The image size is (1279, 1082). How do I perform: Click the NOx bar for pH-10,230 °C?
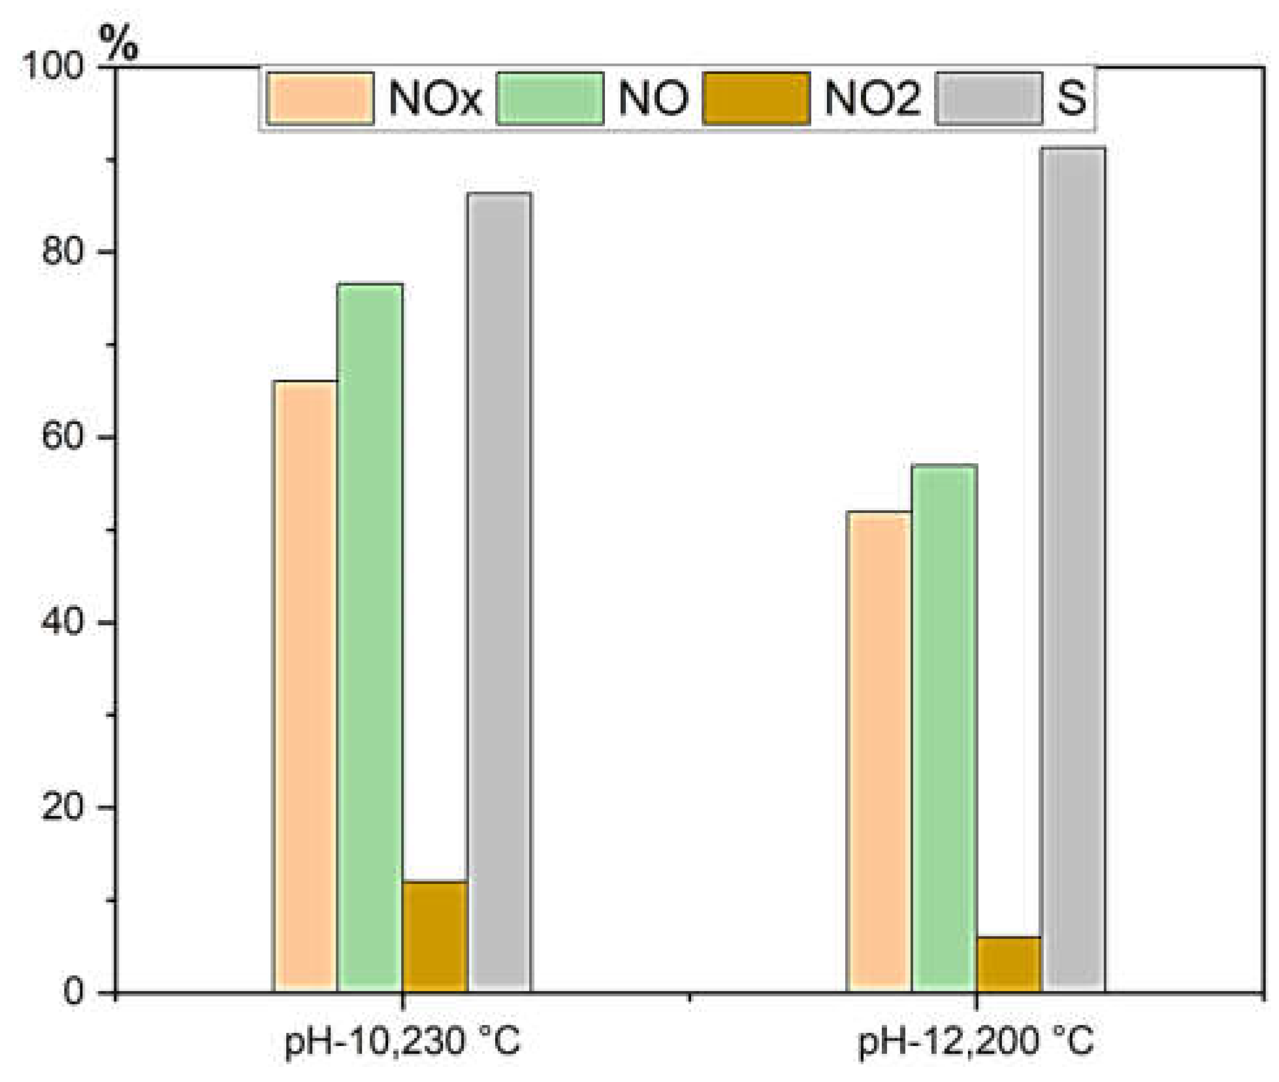tap(305, 686)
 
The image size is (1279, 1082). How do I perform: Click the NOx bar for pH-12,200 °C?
tap(879, 751)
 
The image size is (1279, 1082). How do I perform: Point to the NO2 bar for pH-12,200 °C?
tap(1009, 964)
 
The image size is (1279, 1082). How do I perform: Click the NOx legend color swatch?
tap(321, 99)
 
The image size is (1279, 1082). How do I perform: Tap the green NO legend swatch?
tap(550, 99)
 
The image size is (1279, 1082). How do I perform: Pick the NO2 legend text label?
tap(873, 99)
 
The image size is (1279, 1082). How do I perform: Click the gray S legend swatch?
tap(989, 99)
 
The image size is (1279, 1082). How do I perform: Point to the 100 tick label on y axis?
tap(53, 66)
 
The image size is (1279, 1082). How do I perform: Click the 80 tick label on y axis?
tap(63, 251)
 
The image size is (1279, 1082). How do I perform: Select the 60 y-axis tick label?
tap(63, 436)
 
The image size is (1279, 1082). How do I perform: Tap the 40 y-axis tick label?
tap(63, 621)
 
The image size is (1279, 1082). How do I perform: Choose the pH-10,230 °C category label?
tap(402, 1041)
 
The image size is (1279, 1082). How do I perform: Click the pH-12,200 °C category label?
tap(976, 1041)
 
